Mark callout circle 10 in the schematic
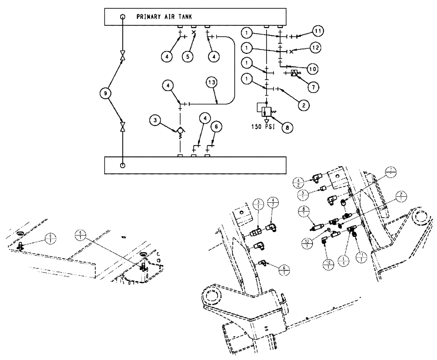click(x=312, y=69)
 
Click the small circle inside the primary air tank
click(x=123, y=17)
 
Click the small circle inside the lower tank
click(x=123, y=166)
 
